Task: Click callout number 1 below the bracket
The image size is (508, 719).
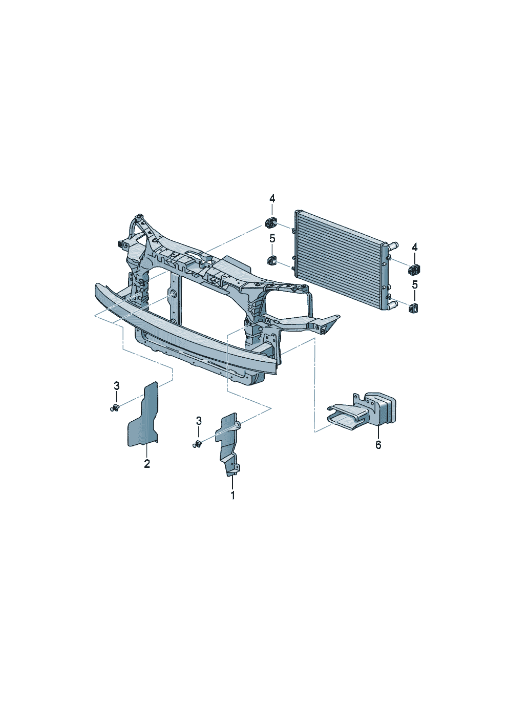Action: (232, 495)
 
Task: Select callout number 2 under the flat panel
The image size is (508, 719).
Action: (147, 464)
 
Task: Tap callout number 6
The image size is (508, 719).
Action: (378, 445)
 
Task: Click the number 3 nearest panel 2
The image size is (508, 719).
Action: (117, 385)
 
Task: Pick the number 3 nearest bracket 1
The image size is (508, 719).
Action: (199, 421)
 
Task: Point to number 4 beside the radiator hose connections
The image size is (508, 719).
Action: (415, 248)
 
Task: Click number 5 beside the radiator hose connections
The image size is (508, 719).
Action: (415, 284)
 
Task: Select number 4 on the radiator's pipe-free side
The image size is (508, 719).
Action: (272, 198)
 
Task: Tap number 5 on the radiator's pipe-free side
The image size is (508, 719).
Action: (272, 238)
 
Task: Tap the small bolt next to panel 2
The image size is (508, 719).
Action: (115, 408)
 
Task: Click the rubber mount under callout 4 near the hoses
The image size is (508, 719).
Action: (414, 269)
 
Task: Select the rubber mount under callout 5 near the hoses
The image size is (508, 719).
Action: (414, 307)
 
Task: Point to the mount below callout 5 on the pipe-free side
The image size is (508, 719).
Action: (271, 260)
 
